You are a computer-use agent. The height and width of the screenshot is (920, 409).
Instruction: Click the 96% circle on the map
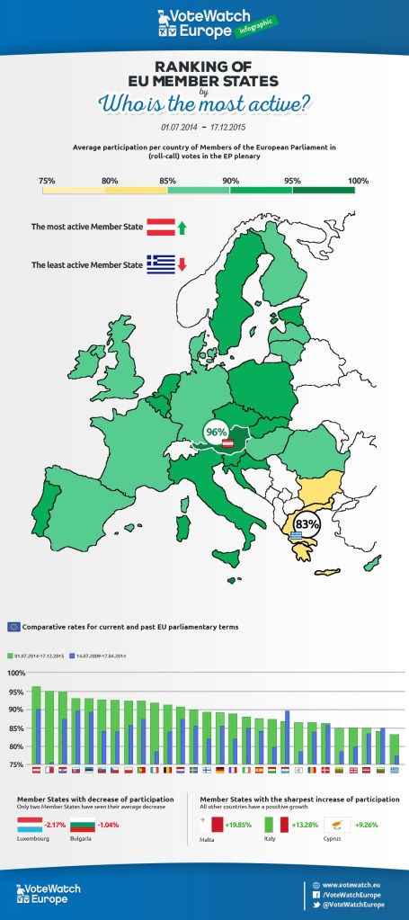click(x=217, y=433)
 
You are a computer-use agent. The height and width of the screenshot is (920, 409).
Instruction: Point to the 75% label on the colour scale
click(x=48, y=156)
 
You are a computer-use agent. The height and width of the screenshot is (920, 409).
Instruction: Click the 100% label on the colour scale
click(x=358, y=156)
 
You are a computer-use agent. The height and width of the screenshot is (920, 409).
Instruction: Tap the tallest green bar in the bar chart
click(x=36, y=725)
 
